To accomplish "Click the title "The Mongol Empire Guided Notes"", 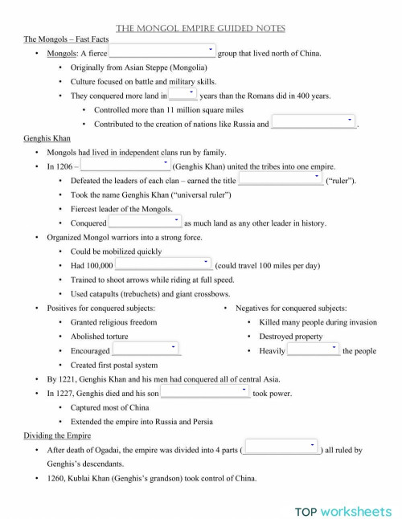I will click(x=200, y=28).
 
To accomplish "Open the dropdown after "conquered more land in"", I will click(x=183, y=94).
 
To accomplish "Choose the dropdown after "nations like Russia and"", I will click(x=314, y=122).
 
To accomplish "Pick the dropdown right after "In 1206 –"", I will click(x=125, y=166).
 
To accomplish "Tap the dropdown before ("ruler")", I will click(x=281, y=179).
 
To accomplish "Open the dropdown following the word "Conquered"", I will click(x=145, y=222).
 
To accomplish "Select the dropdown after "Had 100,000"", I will click(x=163, y=264).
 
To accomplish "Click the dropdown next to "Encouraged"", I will click(x=146, y=349).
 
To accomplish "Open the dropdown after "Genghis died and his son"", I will click(x=205, y=392).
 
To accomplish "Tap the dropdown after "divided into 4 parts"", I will click(x=281, y=448).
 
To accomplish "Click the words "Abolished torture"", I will click(x=99, y=336).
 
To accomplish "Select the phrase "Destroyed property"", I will click(x=290, y=336).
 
